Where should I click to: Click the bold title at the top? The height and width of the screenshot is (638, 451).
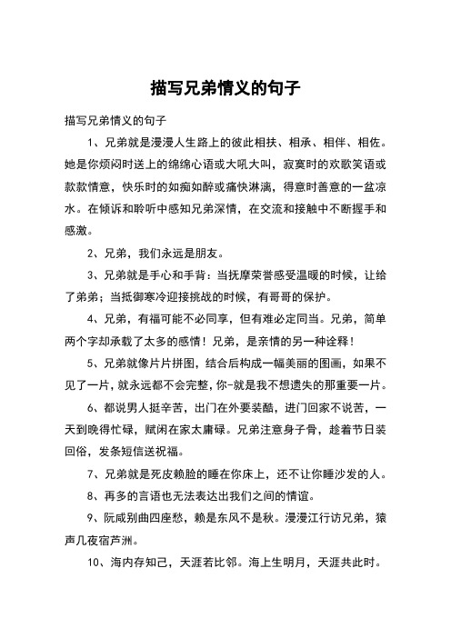click(x=225, y=89)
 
